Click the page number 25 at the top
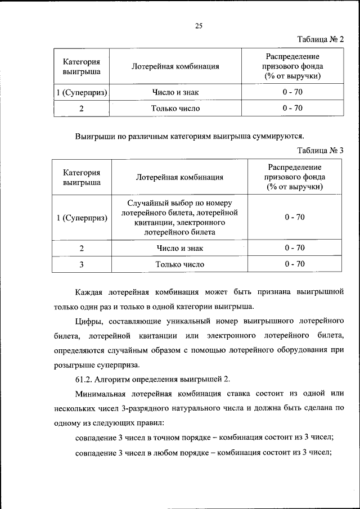coord(199,25)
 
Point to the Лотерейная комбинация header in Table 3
coord(179,177)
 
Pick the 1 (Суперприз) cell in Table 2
coord(82,92)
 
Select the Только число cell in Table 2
coord(175,108)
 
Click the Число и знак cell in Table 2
coord(175,92)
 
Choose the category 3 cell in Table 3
coord(82,264)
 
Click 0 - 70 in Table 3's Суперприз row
coord(295,217)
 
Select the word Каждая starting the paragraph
coord(90,292)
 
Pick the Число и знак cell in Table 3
coord(179,248)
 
